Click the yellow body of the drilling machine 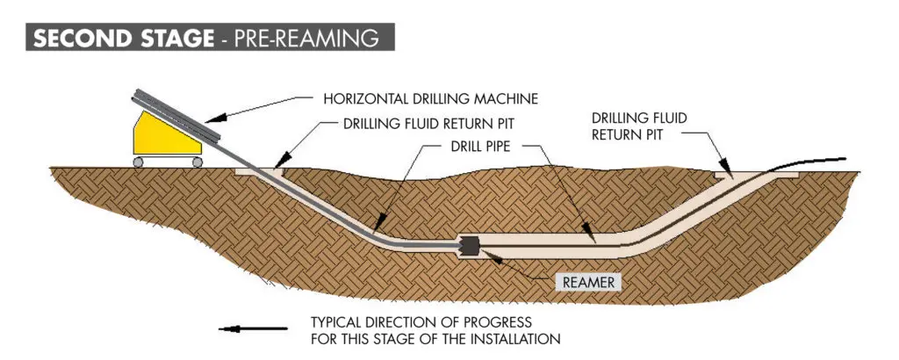coord(155,136)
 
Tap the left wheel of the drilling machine coord(138,162)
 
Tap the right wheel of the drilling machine coord(197,162)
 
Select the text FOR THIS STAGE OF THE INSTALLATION coord(436,337)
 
